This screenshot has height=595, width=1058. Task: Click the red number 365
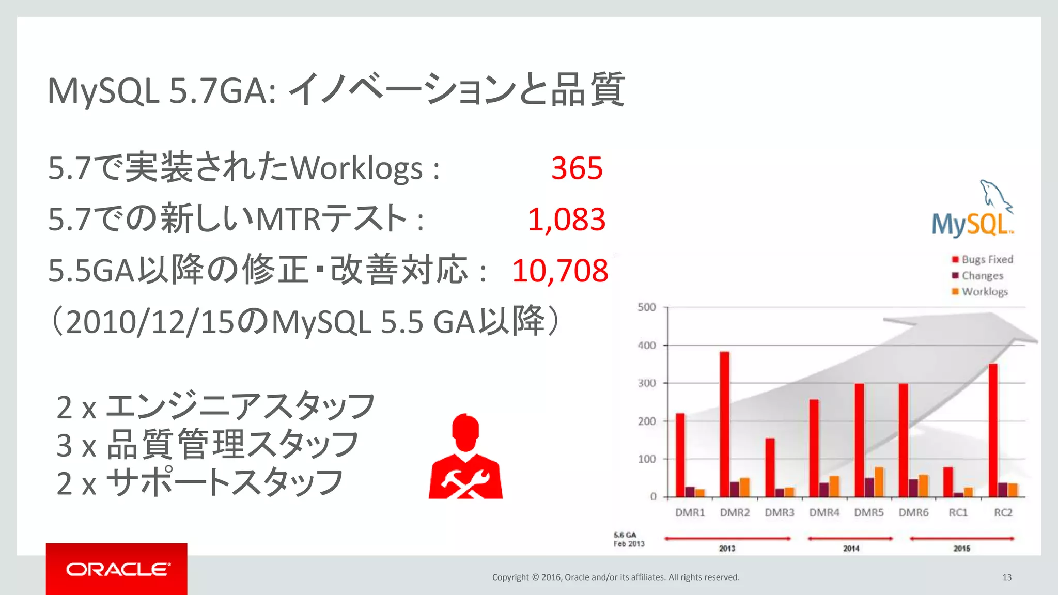(577, 168)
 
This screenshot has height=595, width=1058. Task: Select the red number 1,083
(566, 220)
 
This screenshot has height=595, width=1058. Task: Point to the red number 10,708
(560, 271)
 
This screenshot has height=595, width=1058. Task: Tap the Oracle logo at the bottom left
(117, 569)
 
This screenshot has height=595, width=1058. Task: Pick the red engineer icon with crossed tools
(465, 457)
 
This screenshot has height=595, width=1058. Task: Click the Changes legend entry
(977, 276)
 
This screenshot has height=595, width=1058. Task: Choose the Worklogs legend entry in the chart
(980, 292)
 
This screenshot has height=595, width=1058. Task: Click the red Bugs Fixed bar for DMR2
(725, 424)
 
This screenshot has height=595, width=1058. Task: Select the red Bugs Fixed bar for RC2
(993, 430)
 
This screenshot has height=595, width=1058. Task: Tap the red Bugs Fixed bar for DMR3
(770, 467)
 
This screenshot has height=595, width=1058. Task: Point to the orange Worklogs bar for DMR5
(879, 481)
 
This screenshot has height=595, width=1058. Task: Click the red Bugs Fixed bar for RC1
(948, 481)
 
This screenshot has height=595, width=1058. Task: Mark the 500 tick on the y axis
(647, 307)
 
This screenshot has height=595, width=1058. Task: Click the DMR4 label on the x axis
(824, 513)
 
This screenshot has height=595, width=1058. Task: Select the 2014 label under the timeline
(851, 549)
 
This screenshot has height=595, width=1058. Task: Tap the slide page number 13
(1007, 577)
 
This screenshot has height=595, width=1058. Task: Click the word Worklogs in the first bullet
(357, 168)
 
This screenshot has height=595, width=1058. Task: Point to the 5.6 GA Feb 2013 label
(629, 539)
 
